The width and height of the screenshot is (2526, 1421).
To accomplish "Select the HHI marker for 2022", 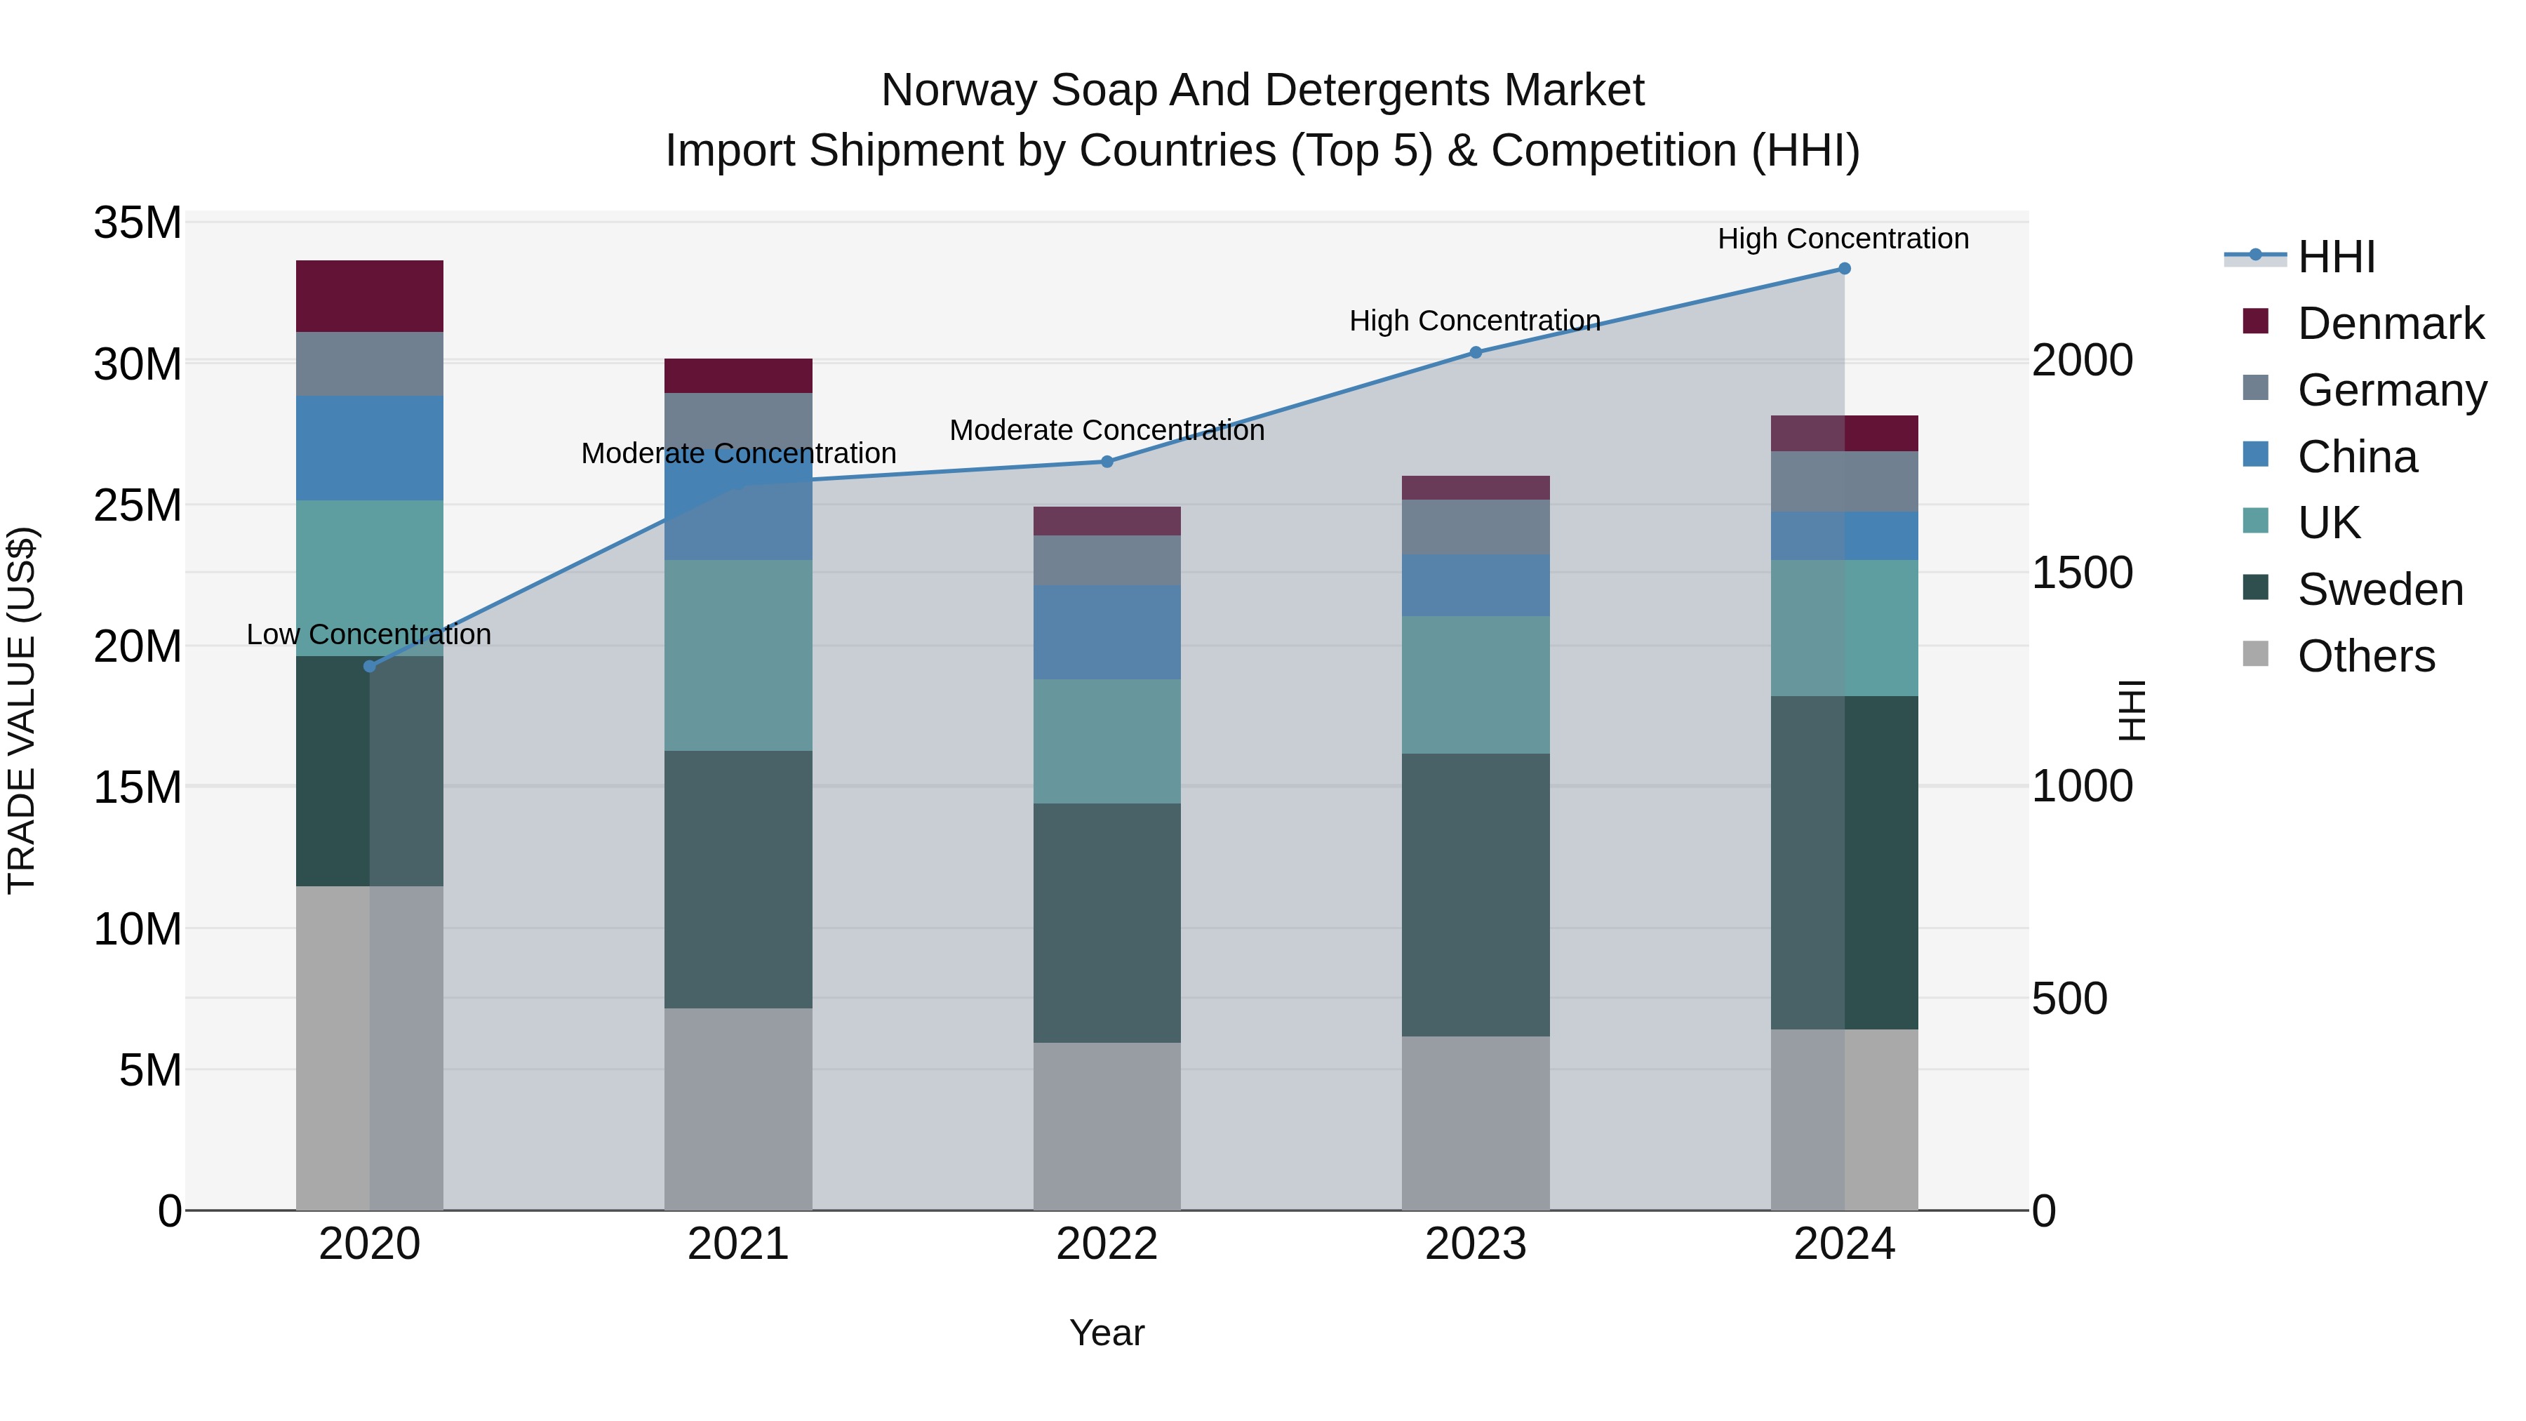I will (1107, 461).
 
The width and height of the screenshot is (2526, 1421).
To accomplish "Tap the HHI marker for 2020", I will (370, 667).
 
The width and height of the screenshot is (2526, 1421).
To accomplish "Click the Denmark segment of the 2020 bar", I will (370, 296).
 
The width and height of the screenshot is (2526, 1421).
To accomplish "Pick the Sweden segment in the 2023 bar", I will (1475, 895).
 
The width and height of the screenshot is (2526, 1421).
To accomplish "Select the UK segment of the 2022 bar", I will (1107, 742).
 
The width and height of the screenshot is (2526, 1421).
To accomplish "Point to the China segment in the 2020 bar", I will (370, 448).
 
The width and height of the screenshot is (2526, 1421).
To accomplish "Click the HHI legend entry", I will (2336, 257).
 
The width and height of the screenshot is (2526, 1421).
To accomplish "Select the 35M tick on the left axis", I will (138, 224).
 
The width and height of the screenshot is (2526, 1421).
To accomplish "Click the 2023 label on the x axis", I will (1475, 1244).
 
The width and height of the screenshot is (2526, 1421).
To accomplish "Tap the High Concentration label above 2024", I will (1843, 239).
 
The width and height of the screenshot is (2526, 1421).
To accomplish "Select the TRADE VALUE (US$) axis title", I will (22, 710).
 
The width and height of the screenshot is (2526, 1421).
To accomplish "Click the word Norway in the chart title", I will (958, 91).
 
